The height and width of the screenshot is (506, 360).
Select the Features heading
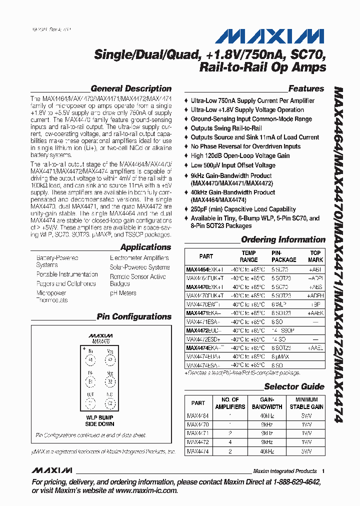306,88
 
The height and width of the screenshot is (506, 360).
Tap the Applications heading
145,247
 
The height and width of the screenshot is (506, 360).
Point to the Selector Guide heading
294,386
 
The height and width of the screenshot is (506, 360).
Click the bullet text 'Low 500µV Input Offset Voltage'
233,165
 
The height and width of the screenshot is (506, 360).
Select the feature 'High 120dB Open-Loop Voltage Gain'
240,156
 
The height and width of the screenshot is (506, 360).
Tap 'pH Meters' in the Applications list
123,293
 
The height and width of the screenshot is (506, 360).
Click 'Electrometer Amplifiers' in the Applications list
139,258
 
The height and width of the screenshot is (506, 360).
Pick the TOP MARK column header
315,256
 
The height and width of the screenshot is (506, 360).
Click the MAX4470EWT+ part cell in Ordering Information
203,304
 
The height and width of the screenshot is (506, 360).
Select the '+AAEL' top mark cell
315,348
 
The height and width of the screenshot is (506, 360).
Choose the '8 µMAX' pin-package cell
280,356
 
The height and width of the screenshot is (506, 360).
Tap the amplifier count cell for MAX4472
230,442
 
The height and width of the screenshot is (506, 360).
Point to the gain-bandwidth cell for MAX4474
267,451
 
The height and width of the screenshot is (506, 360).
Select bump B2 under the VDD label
110,382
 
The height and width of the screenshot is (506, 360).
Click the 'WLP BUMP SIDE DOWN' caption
99,420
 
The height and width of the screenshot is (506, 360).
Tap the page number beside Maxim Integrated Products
323,471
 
